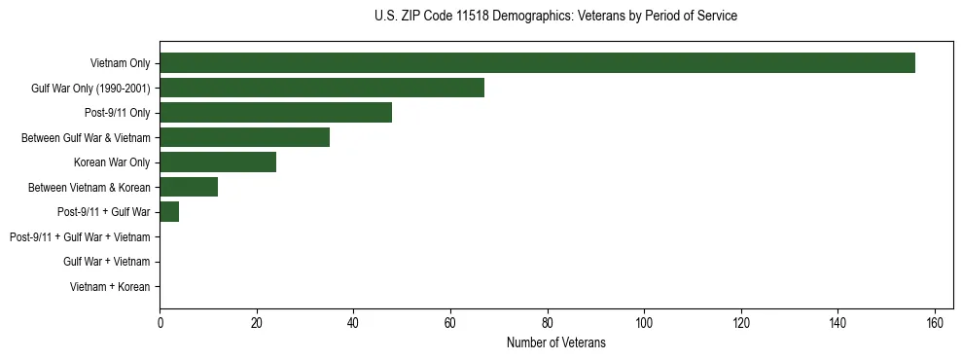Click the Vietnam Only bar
[x=537, y=63]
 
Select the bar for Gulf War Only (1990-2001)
[x=322, y=88]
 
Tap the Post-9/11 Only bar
[x=275, y=113]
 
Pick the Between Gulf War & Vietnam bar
[x=244, y=137]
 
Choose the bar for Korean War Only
[x=218, y=162]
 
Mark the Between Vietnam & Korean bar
[x=189, y=187]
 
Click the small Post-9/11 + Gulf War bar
[x=169, y=211]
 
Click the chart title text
[x=555, y=17]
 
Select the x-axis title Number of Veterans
[x=555, y=342]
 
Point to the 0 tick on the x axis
[x=160, y=323]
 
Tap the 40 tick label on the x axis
[x=353, y=323]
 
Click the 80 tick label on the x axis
[x=548, y=323]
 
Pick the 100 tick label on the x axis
[x=644, y=323]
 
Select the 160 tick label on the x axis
[x=935, y=323]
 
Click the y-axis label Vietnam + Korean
[x=110, y=286]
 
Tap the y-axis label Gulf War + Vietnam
[x=107, y=262]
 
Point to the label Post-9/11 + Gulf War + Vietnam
[x=80, y=236]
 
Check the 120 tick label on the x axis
[x=741, y=323]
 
